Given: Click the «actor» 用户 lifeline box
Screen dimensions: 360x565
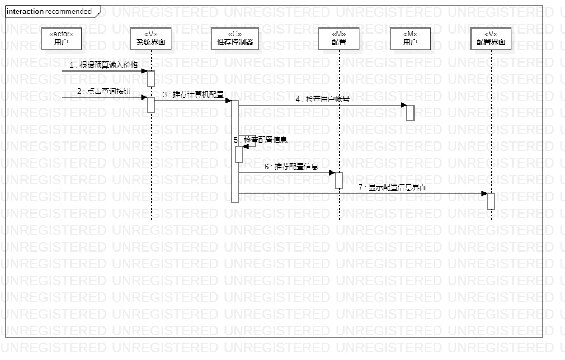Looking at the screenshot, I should pos(62,39).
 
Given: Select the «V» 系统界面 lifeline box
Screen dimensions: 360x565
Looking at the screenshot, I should pos(151,39).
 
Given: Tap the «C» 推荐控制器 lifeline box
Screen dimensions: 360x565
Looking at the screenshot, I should pos(235,39).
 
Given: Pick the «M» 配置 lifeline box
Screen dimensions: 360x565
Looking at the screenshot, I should pos(339,39).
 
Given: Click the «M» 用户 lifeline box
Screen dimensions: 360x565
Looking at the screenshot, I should pos(411,39).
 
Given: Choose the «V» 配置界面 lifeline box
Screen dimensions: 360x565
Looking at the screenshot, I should pos(491,39).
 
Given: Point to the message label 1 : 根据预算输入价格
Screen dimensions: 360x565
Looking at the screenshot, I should pos(103,65).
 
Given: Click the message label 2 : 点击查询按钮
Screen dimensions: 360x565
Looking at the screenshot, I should pos(103,92).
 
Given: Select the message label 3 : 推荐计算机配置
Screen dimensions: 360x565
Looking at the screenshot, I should pos(193,95).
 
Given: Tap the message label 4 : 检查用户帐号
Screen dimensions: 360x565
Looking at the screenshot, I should pos(323,100).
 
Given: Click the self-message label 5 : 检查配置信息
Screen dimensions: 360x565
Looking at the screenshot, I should pos(261,140).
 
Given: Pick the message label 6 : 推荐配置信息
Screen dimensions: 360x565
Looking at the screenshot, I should pos(291,167).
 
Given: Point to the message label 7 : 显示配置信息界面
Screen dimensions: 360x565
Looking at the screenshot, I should pos(392,187).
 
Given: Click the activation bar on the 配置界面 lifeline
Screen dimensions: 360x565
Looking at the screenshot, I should pos(491,201).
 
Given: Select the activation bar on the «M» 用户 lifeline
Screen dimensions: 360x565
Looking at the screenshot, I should pos(411,112).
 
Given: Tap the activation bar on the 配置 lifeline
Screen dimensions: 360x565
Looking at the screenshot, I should pos(339,180).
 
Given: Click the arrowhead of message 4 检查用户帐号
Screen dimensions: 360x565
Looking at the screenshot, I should pos(403,105).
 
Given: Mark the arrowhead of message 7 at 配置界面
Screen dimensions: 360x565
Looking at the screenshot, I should pos(484,193).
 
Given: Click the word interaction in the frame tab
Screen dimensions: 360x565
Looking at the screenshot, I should pos(25,12).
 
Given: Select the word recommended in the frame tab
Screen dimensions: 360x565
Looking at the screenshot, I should pos(68,12).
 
